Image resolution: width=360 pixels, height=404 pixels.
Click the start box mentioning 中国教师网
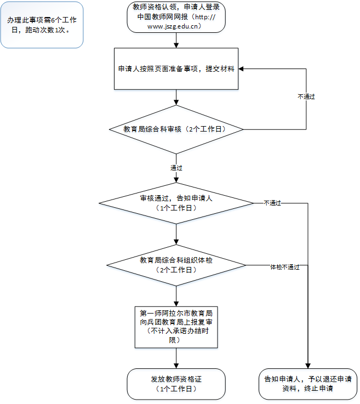(x=175, y=16)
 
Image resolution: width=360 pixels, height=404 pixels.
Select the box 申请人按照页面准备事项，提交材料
(x=176, y=69)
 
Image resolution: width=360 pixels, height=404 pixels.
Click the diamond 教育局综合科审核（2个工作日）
(x=176, y=129)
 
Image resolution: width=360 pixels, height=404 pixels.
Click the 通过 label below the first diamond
(x=176, y=167)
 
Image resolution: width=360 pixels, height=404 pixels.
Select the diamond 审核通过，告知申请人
(x=176, y=203)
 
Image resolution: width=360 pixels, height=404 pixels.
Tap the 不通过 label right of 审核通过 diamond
(x=272, y=203)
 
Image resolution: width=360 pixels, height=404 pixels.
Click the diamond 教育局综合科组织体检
(x=176, y=265)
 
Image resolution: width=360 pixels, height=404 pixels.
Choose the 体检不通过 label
(x=284, y=267)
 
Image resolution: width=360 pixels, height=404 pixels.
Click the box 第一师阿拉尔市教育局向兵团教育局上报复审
(x=176, y=327)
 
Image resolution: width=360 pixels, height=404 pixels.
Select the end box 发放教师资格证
(x=176, y=384)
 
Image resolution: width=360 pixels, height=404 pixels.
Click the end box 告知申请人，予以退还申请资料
(x=307, y=384)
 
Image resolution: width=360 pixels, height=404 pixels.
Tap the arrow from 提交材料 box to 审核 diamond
(x=176, y=97)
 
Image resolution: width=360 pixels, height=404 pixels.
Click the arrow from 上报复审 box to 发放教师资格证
(x=176, y=358)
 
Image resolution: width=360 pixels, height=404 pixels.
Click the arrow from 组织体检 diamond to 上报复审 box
(x=176, y=297)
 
